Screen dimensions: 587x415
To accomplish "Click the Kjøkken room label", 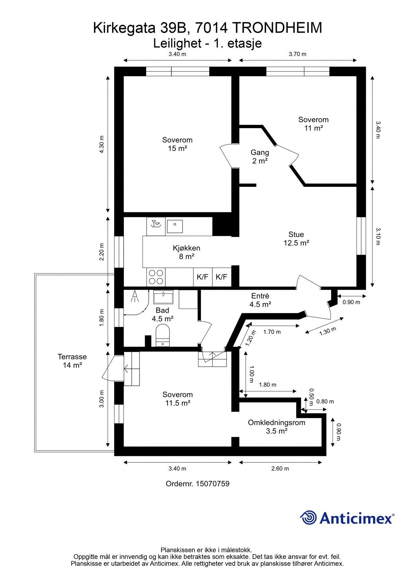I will (186, 252).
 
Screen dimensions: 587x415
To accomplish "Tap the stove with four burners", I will (156, 277).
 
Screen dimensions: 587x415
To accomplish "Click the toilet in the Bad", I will (163, 335).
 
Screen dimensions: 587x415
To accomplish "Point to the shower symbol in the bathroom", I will (135, 296).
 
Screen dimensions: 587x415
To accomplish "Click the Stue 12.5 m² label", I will (296, 238).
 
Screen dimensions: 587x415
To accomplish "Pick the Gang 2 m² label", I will (260, 157).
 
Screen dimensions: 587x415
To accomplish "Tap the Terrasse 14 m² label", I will (72, 361).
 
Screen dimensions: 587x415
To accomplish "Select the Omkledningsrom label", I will (276, 423).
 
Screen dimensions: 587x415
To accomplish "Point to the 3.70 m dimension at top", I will (297, 54).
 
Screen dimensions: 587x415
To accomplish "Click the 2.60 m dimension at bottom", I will (280, 469).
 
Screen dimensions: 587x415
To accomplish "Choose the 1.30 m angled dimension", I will (327, 331).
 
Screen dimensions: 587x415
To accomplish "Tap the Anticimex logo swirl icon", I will (308, 518).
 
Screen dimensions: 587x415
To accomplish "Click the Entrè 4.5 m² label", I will (260, 300).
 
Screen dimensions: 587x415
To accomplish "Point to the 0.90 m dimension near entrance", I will (351, 302).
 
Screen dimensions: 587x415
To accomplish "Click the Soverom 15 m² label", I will (177, 144).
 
